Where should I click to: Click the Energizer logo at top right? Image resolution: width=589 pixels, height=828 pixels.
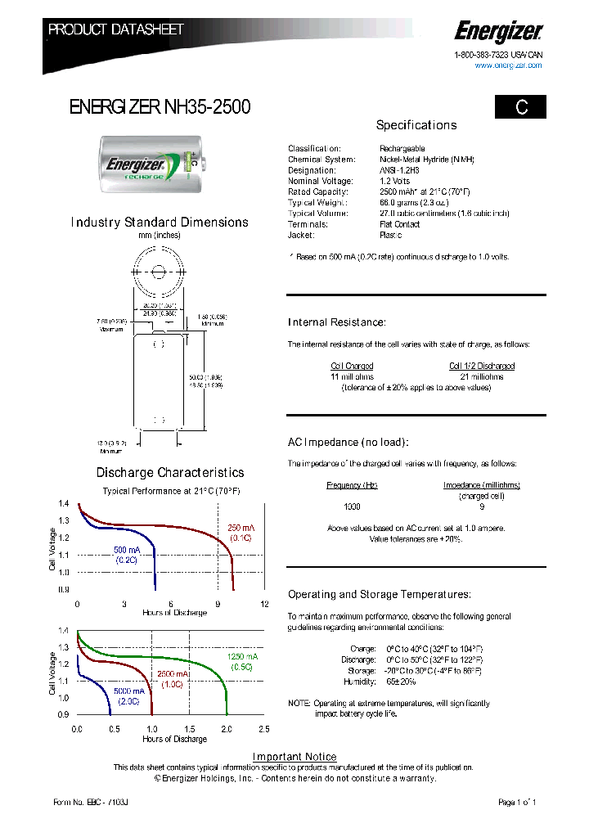click(498, 33)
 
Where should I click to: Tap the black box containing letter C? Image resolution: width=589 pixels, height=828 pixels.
click(519, 107)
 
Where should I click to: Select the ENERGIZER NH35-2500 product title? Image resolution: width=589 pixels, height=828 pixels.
click(160, 106)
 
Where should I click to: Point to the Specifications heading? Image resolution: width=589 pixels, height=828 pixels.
click(416, 125)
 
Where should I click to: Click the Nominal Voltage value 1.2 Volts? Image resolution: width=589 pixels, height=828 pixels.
click(395, 181)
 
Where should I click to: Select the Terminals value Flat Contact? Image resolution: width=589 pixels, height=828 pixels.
click(400, 224)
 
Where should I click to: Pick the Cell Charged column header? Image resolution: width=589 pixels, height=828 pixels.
click(352, 366)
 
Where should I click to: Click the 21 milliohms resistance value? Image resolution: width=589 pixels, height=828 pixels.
click(482, 377)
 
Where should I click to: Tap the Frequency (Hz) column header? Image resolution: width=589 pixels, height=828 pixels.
click(352, 485)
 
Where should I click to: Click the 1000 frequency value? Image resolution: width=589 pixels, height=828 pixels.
click(352, 506)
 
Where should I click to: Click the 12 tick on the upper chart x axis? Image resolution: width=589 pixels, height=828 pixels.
click(264, 604)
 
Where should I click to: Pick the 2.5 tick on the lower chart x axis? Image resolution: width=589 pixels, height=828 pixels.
click(264, 729)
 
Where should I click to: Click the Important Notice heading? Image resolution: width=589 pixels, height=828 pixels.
click(294, 757)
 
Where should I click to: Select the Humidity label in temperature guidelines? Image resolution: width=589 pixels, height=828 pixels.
click(359, 681)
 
